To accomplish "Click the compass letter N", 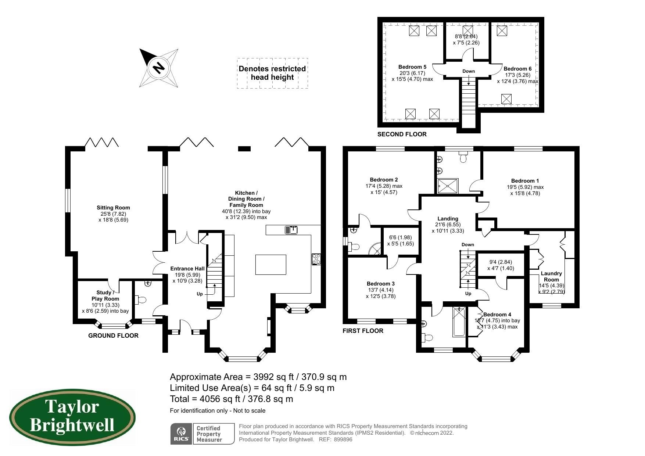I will click(x=158, y=68).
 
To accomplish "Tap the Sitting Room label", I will click(x=113, y=208).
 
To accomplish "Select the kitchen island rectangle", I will click(x=271, y=265).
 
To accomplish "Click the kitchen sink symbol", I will click(x=291, y=230).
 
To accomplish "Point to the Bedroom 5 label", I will click(x=412, y=67).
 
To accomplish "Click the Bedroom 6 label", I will click(x=517, y=69).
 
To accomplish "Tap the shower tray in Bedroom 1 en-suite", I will click(x=448, y=186).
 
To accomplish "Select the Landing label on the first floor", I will click(x=448, y=219).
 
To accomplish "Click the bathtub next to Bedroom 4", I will click(x=459, y=322).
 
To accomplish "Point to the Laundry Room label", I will click(x=551, y=276).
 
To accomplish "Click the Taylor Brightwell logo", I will click(x=72, y=418).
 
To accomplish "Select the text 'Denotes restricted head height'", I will click(x=272, y=73).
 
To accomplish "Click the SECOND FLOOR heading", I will click(x=402, y=134).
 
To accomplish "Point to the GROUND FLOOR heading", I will click(x=113, y=335).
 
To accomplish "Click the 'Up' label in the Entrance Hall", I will click(x=200, y=294).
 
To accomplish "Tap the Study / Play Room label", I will click(x=105, y=295).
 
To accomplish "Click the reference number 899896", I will click(x=343, y=439).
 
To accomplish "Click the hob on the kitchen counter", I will click(x=316, y=259).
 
